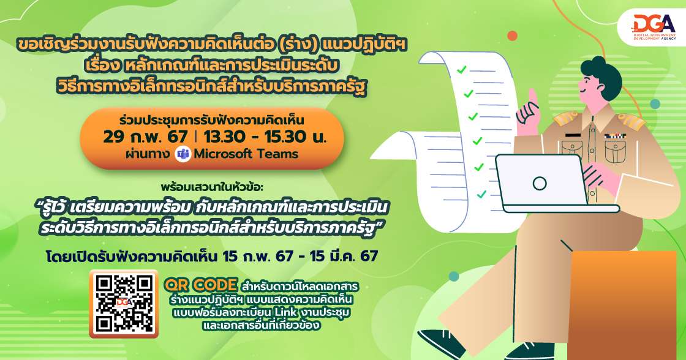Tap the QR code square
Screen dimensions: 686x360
pos(124,304)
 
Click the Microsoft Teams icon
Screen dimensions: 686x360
pos(183,154)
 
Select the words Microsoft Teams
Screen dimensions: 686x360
pos(246,154)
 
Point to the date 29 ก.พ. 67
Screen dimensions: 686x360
pos(145,137)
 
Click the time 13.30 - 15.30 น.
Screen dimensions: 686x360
pos(265,137)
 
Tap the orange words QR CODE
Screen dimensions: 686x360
pos(201,285)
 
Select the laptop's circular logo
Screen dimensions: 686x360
pos(540,183)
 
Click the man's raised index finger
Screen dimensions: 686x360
pos(532,97)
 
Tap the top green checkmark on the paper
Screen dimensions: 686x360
pos(462,70)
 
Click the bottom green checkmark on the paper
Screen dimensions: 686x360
pos(481,194)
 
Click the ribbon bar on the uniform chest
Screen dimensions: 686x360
pos(615,136)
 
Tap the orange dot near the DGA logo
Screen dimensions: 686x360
pos(512,36)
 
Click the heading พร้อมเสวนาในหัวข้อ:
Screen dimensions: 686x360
pos(211,187)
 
